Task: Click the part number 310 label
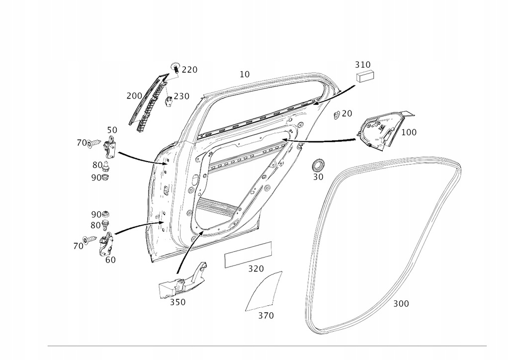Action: click(x=362, y=65)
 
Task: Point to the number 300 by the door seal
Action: click(x=401, y=303)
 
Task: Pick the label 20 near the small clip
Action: click(x=347, y=113)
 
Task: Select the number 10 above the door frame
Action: click(x=244, y=75)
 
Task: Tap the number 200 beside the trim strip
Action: click(x=134, y=95)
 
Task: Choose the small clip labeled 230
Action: click(x=169, y=100)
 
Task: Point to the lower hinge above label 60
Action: click(x=105, y=244)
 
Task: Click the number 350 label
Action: click(x=177, y=302)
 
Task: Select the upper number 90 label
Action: click(x=96, y=178)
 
